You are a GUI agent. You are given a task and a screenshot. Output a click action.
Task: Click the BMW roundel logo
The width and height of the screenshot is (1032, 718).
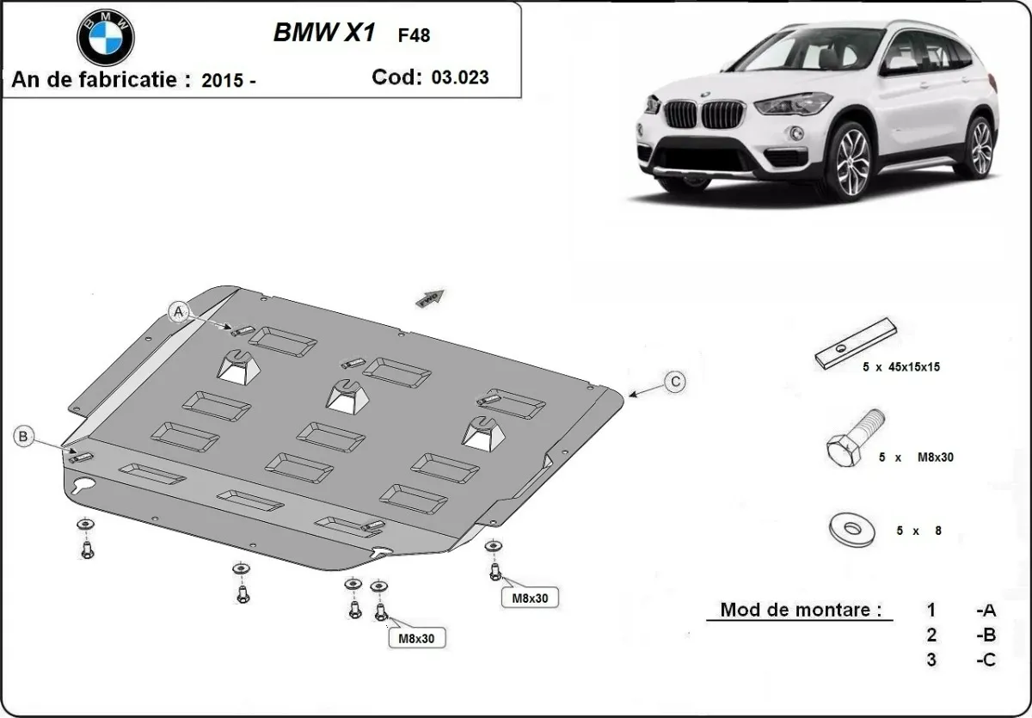[x=106, y=38]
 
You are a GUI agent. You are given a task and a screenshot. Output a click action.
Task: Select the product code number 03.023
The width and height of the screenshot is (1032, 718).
[x=460, y=77]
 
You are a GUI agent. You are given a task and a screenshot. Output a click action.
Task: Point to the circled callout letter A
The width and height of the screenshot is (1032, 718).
[x=179, y=311]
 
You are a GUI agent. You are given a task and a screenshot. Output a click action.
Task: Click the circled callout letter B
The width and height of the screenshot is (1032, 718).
[x=23, y=437]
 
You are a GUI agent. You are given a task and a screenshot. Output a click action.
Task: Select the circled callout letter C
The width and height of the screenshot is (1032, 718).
[x=676, y=382]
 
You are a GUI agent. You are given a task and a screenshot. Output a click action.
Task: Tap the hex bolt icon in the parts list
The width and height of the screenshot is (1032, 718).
[x=853, y=439]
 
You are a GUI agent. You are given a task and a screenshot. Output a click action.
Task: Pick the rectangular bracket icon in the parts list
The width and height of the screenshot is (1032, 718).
[x=857, y=343]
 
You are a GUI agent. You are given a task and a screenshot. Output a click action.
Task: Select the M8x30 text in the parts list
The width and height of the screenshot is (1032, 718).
[x=934, y=457]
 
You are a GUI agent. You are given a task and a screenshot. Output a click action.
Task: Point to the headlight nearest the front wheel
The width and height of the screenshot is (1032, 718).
[x=791, y=104]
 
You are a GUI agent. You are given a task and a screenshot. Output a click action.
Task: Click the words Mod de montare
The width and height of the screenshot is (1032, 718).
[x=800, y=611]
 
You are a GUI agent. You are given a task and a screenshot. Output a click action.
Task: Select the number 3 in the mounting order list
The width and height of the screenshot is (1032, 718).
[x=931, y=660]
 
